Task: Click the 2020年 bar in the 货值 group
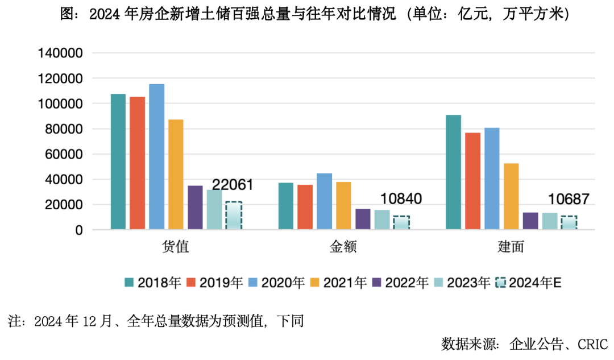pyautogui.click(x=157, y=157)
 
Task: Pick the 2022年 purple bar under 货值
pyautogui.click(x=195, y=208)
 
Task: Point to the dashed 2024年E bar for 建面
pyautogui.click(x=569, y=222)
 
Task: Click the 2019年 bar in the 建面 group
pyautogui.click(x=472, y=181)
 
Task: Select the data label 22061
pyautogui.click(x=233, y=184)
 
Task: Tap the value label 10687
pyautogui.click(x=569, y=199)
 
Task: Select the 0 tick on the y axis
pyautogui.click(x=80, y=230)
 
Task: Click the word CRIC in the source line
pyautogui.click(x=592, y=344)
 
